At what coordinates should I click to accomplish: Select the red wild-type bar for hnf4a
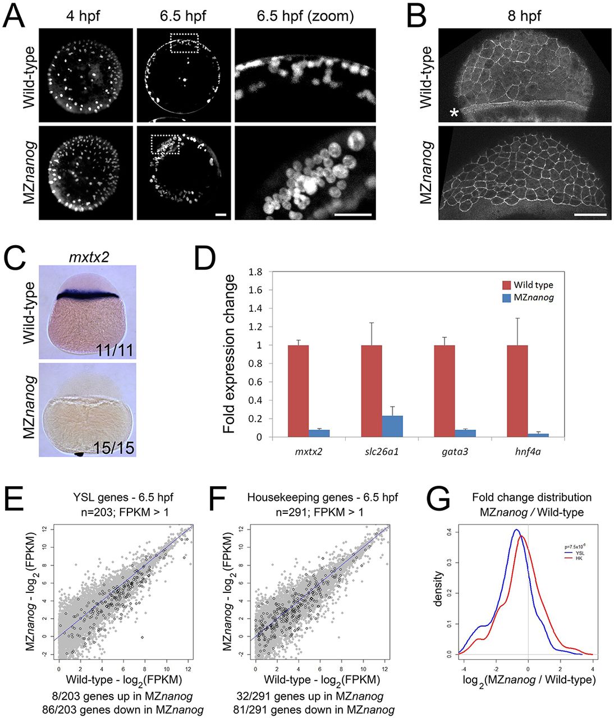(x=517, y=391)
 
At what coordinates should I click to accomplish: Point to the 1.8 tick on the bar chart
(x=256, y=272)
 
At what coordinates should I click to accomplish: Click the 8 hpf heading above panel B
(x=524, y=16)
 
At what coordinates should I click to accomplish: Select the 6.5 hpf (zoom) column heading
(x=305, y=16)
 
